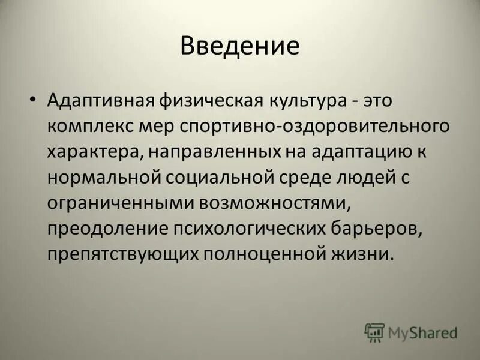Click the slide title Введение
(x=239, y=46)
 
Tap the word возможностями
(x=280, y=202)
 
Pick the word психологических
(x=241, y=228)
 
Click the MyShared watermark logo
(x=410, y=332)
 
